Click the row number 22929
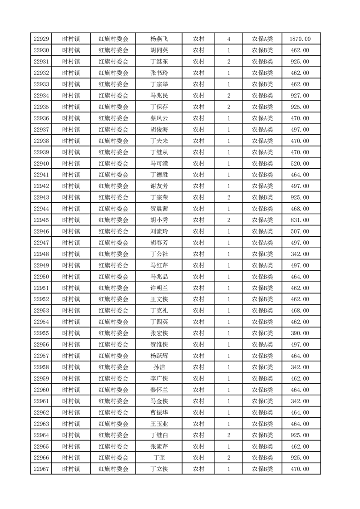click(41, 39)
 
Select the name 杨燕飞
click(159, 39)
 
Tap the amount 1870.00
click(300, 39)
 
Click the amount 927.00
click(300, 96)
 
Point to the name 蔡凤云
click(159, 118)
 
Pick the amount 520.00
click(300, 163)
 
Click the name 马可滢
click(159, 163)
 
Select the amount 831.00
click(300, 220)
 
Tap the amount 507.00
click(300, 231)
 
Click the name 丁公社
click(159, 254)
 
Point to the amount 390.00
click(300, 333)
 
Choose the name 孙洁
click(159, 367)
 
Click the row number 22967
click(41, 469)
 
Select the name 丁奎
click(159, 458)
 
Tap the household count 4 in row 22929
click(228, 39)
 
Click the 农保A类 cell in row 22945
click(262, 220)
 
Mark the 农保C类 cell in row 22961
click(262, 401)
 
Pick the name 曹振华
click(159, 412)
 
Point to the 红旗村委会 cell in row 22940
click(113, 163)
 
